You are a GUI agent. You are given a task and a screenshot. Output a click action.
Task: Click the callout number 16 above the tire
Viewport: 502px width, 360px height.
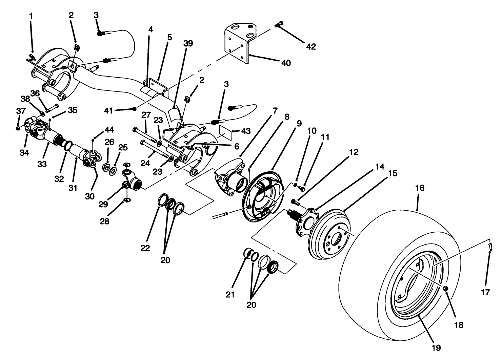[x=420, y=188]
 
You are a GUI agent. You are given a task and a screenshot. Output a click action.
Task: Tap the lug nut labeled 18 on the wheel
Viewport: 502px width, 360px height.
[x=446, y=288]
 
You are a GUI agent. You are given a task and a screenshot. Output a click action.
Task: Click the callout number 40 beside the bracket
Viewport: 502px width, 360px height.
[x=286, y=63]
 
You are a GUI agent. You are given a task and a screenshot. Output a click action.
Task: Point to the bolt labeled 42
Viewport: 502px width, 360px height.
[x=279, y=24]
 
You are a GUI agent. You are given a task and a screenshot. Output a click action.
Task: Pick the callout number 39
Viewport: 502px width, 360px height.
[x=188, y=43]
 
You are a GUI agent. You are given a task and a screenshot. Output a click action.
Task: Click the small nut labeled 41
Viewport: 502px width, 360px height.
[x=135, y=108]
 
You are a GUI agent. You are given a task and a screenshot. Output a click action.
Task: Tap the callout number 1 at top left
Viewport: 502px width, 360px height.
[x=31, y=16]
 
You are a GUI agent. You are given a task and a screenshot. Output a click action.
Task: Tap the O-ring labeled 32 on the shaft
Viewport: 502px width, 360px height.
[x=67, y=146]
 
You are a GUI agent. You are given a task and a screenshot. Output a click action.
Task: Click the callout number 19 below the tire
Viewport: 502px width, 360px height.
[x=436, y=347]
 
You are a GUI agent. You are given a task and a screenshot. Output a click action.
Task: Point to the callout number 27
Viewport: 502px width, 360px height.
[x=146, y=115]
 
